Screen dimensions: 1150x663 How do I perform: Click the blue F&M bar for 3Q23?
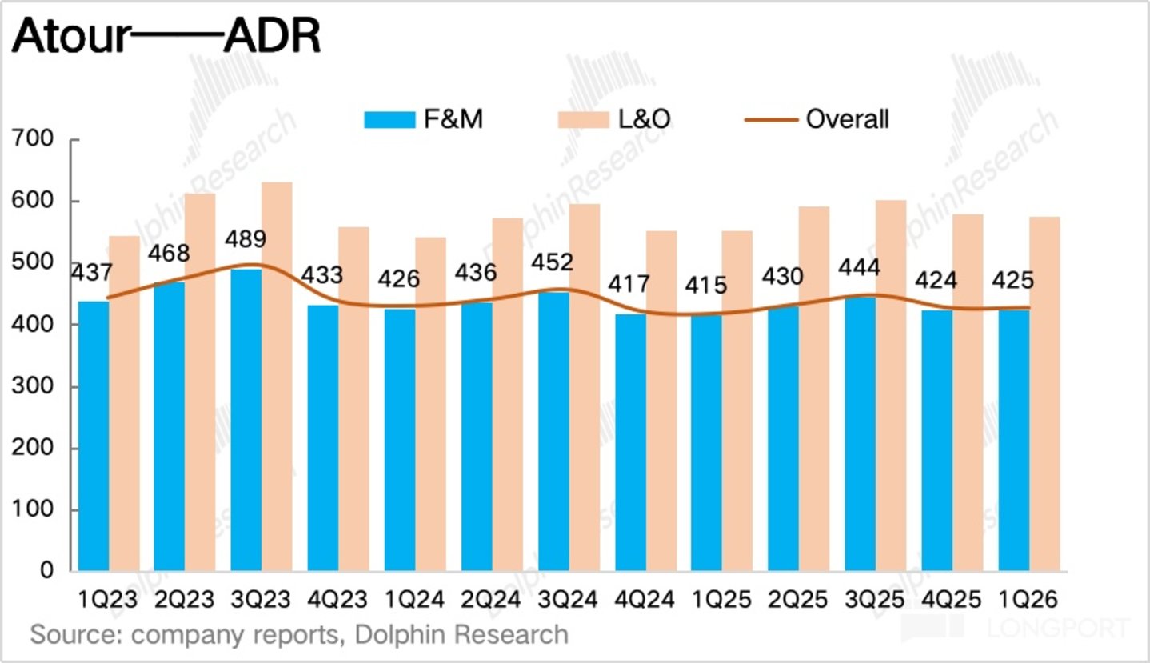(x=246, y=420)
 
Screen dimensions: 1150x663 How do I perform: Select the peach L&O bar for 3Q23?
(x=277, y=377)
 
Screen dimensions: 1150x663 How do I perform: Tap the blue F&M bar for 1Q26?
(x=1014, y=440)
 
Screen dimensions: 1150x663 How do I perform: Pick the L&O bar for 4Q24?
(x=661, y=401)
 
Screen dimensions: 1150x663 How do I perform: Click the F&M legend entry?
(x=424, y=119)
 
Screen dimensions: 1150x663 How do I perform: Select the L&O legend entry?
(x=614, y=119)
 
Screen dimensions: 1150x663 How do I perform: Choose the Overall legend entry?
(x=817, y=119)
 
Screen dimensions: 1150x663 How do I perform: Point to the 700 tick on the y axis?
(x=32, y=138)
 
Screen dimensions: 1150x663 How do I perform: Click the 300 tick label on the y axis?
(x=32, y=385)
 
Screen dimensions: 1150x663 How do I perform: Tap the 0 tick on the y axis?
(x=46, y=570)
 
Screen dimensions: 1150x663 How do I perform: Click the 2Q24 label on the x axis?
(x=491, y=599)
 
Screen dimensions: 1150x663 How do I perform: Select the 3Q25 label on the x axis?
(x=874, y=599)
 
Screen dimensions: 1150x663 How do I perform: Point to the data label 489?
(x=246, y=239)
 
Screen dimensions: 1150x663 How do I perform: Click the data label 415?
(x=706, y=285)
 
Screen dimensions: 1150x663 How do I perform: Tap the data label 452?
(x=552, y=262)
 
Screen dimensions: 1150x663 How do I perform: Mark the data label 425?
(x=1013, y=281)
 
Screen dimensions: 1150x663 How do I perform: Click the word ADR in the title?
(x=272, y=36)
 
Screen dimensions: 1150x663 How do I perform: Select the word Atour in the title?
(x=71, y=36)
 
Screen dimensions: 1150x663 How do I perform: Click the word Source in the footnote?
(x=77, y=634)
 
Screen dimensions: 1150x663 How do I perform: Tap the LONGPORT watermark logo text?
(x=1059, y=628)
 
